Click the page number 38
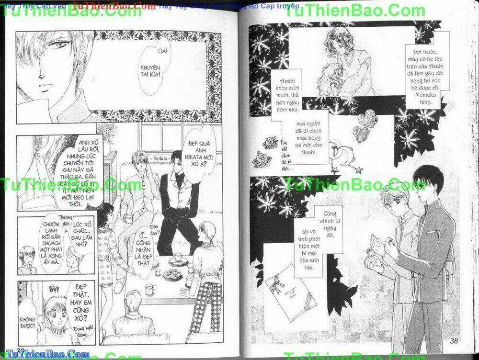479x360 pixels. [457, 341]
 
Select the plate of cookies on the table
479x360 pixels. [171, 274]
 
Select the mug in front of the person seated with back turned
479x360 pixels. [150, 289]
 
